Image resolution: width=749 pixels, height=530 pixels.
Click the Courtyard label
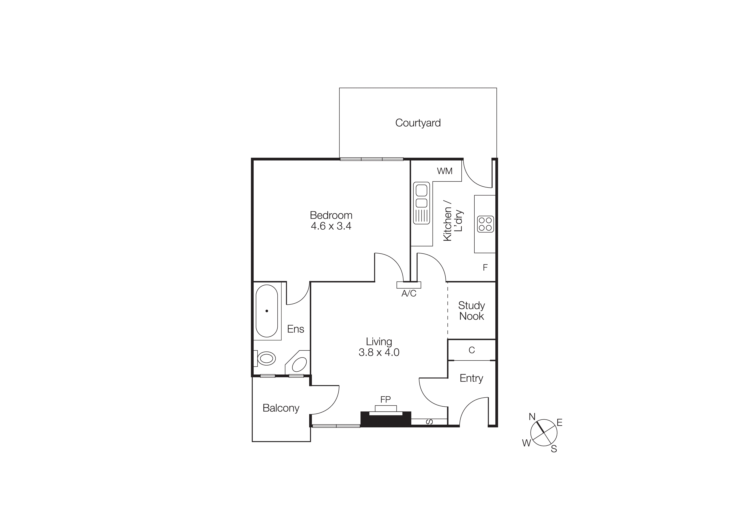click(x=418, y=123)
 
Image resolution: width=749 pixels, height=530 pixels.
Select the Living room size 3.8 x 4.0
click(x=379, y=352)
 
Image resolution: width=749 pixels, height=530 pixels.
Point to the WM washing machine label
click(x=445, y=171)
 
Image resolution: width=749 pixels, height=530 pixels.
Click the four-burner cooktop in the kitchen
click(x=485, y=224)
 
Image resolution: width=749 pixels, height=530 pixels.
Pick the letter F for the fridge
click(x=485, y=268)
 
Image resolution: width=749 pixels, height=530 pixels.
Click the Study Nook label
click(x=471, y=311)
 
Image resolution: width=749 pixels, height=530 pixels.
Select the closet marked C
click(x=471, y=350)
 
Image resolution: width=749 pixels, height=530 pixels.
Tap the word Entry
click(x=471, y=378)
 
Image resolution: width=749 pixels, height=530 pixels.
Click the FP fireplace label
click(x=385, y=399)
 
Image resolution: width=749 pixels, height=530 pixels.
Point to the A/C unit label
click(x=409, y=294)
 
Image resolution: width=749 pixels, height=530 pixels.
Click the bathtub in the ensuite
click(x=267, y=311)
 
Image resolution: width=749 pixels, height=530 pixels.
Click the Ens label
click(x=296, y=329)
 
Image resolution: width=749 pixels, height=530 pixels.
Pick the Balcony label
click(x=281, y=408)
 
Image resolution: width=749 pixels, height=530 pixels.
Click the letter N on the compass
click(x=532, y=417)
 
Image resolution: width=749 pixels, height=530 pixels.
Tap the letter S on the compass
click(x=554, y=449)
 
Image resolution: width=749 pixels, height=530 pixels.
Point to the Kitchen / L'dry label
click(x=453, y=219)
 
